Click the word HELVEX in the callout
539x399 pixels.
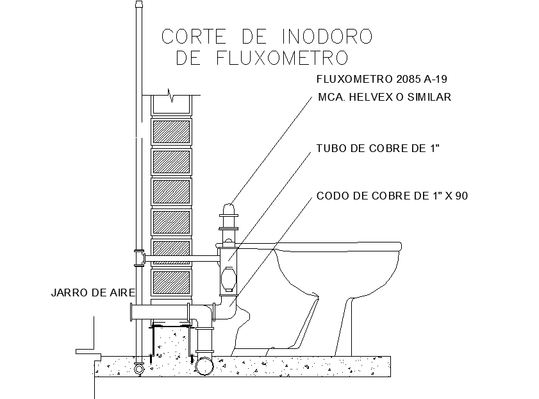[x=380, y=98]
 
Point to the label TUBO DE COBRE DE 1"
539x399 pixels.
[x=377, y=149]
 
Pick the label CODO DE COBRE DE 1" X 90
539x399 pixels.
[x=392, y=196]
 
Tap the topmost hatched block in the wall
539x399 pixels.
[x=171, y=132]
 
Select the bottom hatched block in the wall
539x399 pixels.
[x=171, y=282]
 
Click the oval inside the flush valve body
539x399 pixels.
[x=229, y=278]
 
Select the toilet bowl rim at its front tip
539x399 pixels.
[x=410, y=246]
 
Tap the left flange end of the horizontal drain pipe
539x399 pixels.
[x=131, y=312]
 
